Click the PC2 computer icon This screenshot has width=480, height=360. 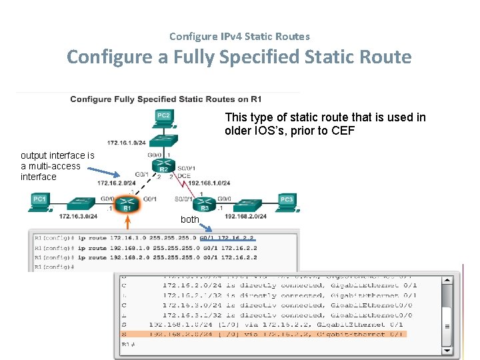click(163, 117)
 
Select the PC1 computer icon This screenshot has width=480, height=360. click(39, 200)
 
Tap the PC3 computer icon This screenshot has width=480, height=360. click(286, 200)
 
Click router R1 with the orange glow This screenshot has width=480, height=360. click(123, 202)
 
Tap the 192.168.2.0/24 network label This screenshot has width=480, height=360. click(245, 216)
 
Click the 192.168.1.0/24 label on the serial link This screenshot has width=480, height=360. click(209, 183)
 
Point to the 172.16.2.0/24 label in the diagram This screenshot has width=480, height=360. click(117, 183)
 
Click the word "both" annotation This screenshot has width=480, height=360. click(190, 219)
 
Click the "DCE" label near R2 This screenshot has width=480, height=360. click(183, 175)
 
